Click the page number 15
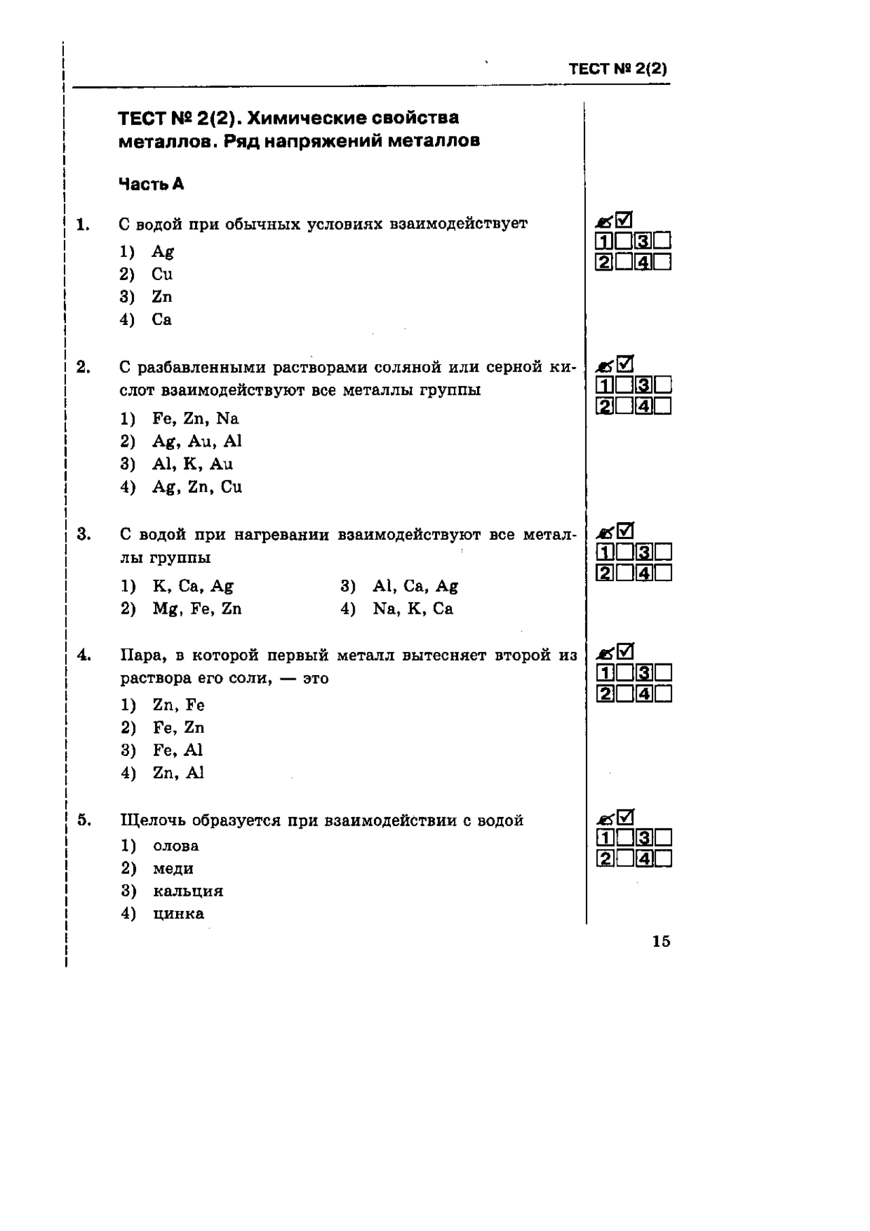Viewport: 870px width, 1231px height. [x=661, y=941]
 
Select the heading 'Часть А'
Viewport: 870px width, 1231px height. [x=151, y=184]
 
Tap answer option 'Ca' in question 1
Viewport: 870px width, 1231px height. [x=162, y=319]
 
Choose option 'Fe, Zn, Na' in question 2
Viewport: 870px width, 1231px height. [x=195, y=419]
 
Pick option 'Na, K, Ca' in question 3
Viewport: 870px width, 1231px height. [x=413, y=609]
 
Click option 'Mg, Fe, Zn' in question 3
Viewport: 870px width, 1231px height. [x=196, y=609]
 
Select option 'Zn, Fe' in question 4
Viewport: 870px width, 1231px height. [x=178, y=706]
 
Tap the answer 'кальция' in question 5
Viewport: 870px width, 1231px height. [x=188, y=891]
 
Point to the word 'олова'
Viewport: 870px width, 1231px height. [x=176, y=846]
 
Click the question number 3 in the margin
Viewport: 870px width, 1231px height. [x=84, y=534]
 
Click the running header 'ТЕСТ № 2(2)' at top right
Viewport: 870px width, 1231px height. [x=618, y=69]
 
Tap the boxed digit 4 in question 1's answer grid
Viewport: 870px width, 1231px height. [x=644, y=262]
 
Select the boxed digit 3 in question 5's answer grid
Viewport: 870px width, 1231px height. [x=644, y=837]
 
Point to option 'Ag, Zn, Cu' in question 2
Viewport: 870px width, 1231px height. [x=196, y=487]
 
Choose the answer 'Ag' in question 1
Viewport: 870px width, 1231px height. [x=162, y=252]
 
